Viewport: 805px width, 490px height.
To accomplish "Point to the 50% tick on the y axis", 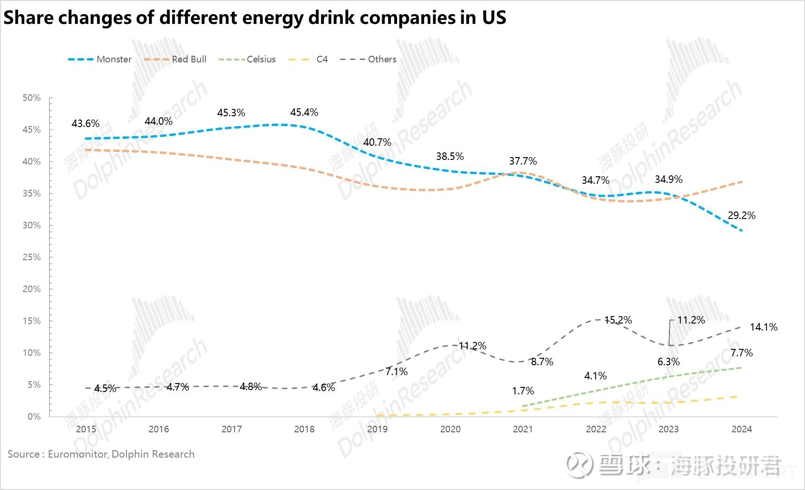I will pos(32,98).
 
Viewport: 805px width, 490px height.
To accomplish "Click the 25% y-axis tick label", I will pos(32,257).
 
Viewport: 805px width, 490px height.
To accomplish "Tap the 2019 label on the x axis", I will pos(377,429).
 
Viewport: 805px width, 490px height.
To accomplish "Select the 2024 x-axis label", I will pos(741,429).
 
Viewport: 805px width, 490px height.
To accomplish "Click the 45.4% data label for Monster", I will pos(304,113).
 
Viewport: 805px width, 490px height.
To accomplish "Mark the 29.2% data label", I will pos(741,216).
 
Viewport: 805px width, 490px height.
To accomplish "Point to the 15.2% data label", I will pos(618,320).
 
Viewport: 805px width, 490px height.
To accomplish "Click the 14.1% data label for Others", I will pos(763,327).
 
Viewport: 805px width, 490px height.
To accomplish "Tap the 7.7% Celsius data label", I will pos(741,353).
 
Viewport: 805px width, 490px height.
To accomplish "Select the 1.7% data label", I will pos(523,391).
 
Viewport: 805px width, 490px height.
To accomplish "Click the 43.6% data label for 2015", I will pos(85,124).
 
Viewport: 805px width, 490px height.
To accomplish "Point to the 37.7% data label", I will pos(523,161).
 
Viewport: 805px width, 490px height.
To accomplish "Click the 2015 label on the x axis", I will pos(86,429).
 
